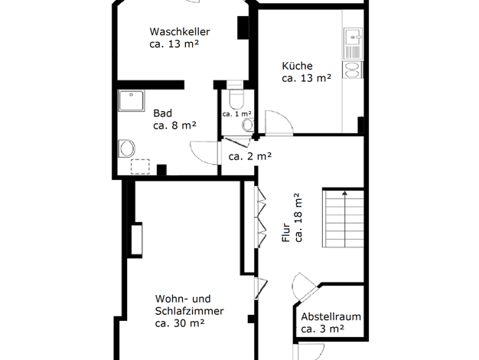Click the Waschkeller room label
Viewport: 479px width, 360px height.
[180, 31]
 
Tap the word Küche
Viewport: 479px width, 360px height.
[297, 66]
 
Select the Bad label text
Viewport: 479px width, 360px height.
[162, 113]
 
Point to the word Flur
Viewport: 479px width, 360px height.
[286, 233]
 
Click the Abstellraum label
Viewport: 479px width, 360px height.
[331, 316]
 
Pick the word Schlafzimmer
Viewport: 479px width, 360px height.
[190, 311]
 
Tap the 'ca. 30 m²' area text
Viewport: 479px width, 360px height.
[180, 323]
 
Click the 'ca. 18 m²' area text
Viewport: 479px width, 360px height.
[298, 218]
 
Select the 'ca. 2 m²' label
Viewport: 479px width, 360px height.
[250, 156]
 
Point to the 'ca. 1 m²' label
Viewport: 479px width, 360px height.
[237, 114]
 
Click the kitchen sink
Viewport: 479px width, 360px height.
[353, 44]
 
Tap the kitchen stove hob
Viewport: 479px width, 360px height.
[352, 70]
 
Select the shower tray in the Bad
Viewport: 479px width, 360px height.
[131, 100]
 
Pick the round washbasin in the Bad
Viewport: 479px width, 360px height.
[126, 149]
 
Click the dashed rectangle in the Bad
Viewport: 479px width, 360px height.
[140, 167]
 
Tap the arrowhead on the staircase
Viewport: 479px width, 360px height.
[344, 193]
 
